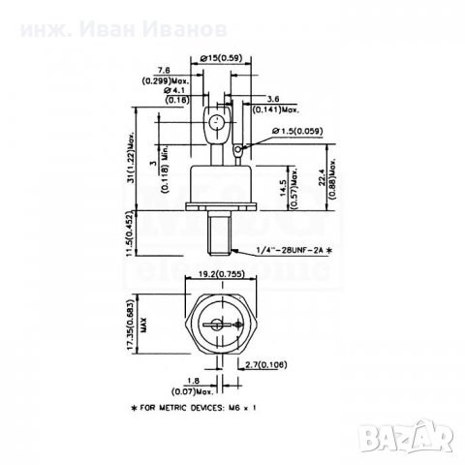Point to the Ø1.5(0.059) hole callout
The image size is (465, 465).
[x=300, y=130]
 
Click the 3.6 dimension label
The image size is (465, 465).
[x=274, y=99]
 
